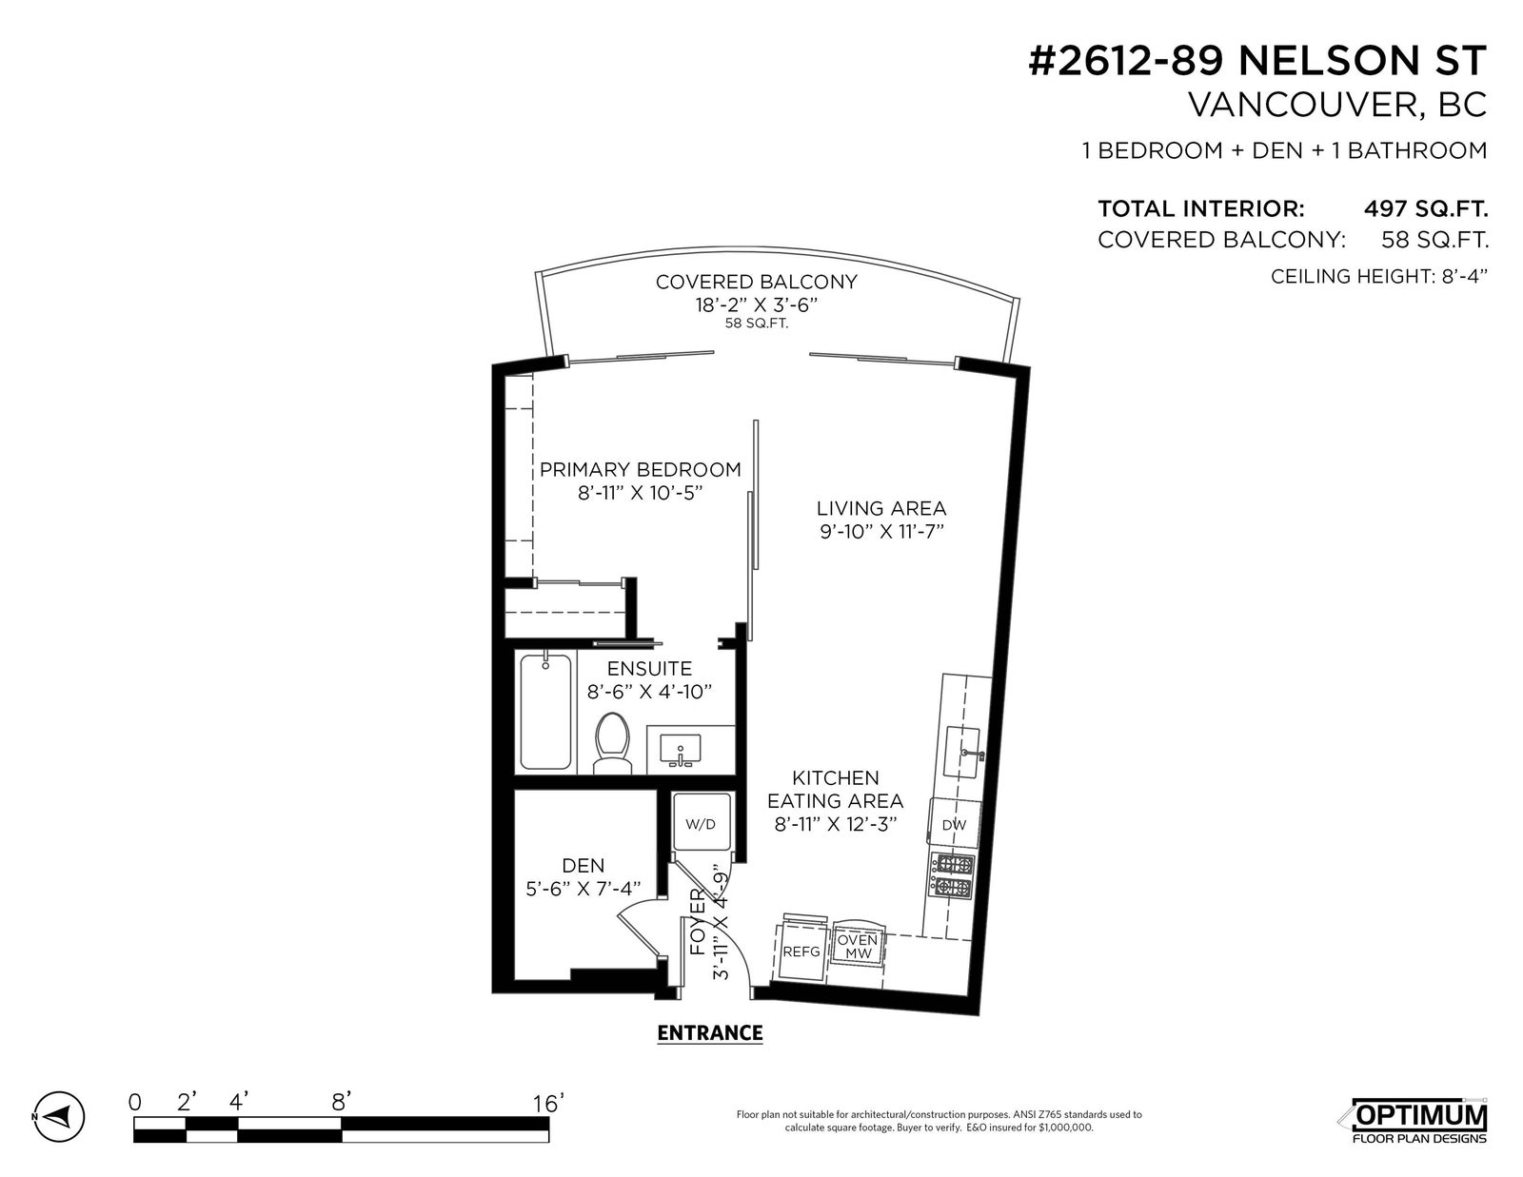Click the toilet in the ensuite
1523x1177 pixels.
(612, 743)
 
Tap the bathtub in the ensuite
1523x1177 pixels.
(545, 712)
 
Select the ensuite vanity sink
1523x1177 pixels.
(680, 750)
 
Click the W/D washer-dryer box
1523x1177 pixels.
(701, 824)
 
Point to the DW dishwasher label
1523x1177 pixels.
(953, 825)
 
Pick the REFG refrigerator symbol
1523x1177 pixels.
(801, 951)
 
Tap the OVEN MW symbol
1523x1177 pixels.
(858, 946)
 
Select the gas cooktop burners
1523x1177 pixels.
(952, 875)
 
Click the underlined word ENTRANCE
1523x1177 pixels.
(710, 1032)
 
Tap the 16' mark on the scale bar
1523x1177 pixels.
(547, 1104)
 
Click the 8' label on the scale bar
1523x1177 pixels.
(341, 1103)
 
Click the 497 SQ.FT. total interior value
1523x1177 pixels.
(1426, 208)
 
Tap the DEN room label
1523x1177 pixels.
(583, 865)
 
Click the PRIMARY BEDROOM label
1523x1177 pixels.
(640, 469)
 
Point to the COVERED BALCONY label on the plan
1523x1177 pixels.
(756, 282)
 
